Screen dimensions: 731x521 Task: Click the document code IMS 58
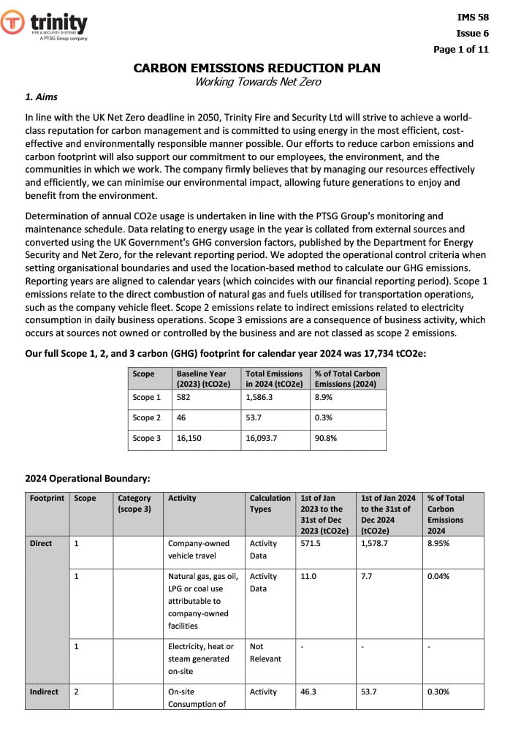click(472, 16)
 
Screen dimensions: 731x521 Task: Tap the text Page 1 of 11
click(461, 50)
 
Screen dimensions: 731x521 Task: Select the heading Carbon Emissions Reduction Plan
click(256, 68)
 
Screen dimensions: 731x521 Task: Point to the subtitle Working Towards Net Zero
click(257, 82)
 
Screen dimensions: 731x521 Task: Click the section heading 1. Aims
click(42, 97)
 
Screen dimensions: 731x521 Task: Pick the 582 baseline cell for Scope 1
click(184, 397)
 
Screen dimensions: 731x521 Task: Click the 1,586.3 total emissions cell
click(259, 397)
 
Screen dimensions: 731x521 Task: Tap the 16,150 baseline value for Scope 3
click(189, 438)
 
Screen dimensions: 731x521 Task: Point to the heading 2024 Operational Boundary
click(88, 479)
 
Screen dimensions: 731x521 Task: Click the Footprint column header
click(47, 498)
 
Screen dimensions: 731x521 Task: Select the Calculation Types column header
click(270, 504)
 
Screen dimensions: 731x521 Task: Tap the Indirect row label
click(44, 692)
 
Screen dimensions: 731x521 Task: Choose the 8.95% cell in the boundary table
click(440, 543)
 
